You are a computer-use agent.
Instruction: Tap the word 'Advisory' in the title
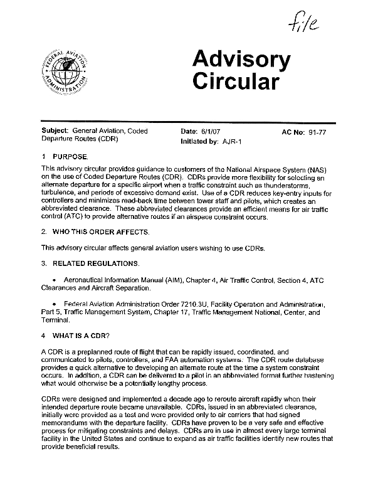[241, 61]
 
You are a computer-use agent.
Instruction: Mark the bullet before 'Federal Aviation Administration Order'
[56, 304]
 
